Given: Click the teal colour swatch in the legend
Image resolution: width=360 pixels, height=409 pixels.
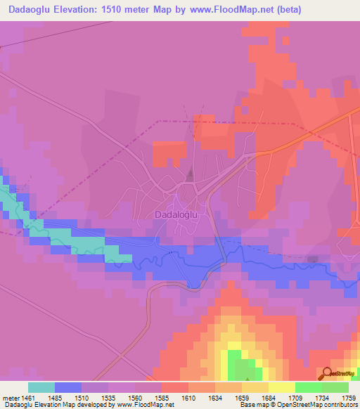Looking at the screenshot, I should click(x=41, y=387).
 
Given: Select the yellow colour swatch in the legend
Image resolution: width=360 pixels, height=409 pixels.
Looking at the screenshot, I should click(x=281, y=387).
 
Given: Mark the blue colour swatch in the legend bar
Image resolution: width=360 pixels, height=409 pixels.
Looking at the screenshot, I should click(x=67, y=387).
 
